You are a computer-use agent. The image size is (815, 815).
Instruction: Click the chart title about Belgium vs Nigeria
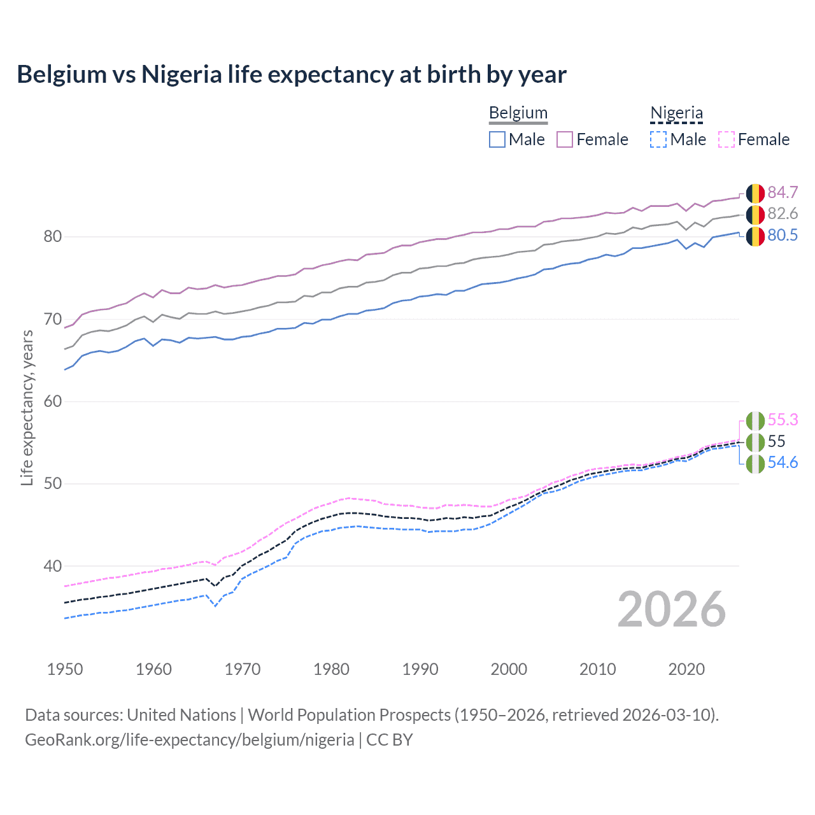point(292,74)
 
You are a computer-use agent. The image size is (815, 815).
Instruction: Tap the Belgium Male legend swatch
point(497,139)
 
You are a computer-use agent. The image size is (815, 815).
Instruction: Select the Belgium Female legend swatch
point(565,139)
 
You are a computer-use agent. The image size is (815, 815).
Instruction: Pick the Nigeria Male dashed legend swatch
point(658,139)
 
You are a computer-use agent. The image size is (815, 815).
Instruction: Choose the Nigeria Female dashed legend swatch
point(726,139)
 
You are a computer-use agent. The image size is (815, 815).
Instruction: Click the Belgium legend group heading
point(518,113)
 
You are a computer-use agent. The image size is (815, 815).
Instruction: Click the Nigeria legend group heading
point(676,113)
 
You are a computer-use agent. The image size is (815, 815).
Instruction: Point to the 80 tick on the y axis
point(53,237)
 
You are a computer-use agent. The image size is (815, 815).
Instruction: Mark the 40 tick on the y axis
point(53,566)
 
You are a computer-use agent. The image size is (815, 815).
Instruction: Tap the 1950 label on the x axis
point(65,669)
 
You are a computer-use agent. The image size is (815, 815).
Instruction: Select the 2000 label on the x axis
point(509,669)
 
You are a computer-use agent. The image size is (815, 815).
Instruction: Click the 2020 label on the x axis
point(686,669)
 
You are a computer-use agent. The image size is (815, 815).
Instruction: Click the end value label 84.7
point(783,192)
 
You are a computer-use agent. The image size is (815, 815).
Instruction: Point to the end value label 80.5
point(783,236)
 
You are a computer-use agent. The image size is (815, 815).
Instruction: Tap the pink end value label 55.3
point(783,420)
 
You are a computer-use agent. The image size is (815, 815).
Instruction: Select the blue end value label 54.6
point(783,463)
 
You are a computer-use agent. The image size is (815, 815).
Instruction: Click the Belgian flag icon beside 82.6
point(755,215)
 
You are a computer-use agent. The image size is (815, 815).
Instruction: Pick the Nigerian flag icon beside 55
point(755,442)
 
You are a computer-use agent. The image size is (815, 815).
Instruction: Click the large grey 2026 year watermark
point(672,610)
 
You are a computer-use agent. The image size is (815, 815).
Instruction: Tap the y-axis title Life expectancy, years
point(27,407)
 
